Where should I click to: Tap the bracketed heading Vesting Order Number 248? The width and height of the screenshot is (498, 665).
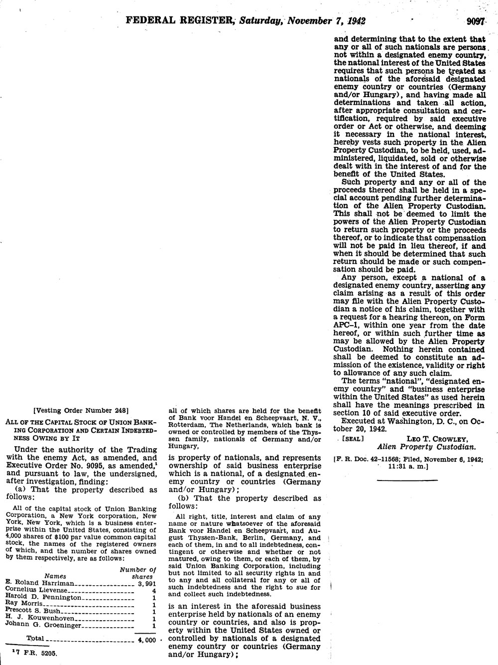pyautogui.click(x=81, y=411)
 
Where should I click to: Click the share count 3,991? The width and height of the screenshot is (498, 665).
pyautogui.click(x=147, y=583)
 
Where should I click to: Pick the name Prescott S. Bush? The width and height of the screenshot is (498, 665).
pyautogui.click(x=32, y=611)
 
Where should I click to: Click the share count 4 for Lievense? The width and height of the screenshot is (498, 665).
pyautogui.click(x=154, y=590)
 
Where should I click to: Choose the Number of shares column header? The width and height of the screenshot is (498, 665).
pyautogui.click(x=139, y=573)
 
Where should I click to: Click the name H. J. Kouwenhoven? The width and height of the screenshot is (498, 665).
pyautogui.click(x=38, y=618)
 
